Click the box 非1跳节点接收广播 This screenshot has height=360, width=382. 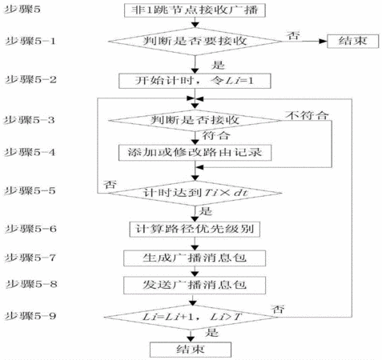pos(195,10)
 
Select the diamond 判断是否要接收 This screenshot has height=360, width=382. pos(195,42)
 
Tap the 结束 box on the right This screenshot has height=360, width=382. pos(353,42)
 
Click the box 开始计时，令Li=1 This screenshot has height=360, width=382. pos(195,81)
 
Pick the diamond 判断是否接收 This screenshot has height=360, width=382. pos(195,121)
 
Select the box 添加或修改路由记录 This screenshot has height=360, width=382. pos(195,153)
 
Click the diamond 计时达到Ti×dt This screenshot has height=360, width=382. pos(195,193)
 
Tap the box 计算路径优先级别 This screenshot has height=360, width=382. pos(195,230)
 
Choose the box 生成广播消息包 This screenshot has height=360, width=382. pos(195,258)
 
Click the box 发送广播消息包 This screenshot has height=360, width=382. pos(195,285)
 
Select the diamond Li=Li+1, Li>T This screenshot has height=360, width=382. pos(191,317)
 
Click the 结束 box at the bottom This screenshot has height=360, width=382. pos(191,350)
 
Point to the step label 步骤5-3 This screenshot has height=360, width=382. pos(30,120)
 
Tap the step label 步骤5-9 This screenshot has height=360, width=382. pos(30,316)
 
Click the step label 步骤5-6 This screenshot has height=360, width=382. pos(30,229)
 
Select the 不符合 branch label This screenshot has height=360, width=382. pos(307,115)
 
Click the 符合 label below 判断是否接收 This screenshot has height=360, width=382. pos(215,135)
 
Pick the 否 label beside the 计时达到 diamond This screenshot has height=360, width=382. pos(110,184)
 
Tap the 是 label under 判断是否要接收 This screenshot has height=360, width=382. pos(218,65)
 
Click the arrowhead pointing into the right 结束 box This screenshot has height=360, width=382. pos(324,42)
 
